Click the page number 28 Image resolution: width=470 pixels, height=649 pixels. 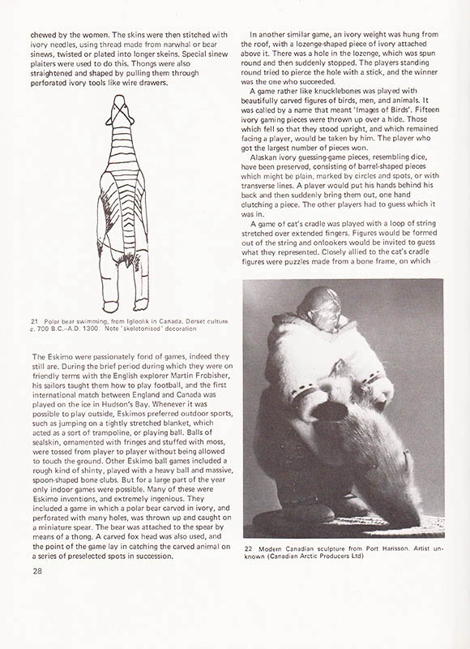pyautogui.click(x=38, y=573)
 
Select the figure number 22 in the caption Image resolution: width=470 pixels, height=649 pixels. pyautogui.click(x=248, y=548)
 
